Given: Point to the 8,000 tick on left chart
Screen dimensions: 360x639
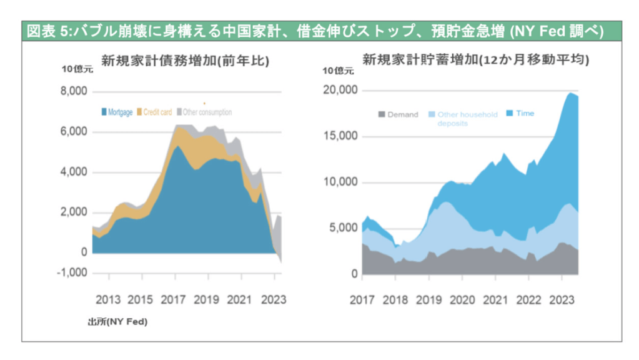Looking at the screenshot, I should click(x=74, y=92).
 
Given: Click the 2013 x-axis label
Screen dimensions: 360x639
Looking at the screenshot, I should click(x=109, y=299).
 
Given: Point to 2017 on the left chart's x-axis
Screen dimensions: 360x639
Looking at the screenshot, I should click(x=174, y=299).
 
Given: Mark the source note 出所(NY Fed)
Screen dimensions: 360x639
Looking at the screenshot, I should click(x=117, y=321).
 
